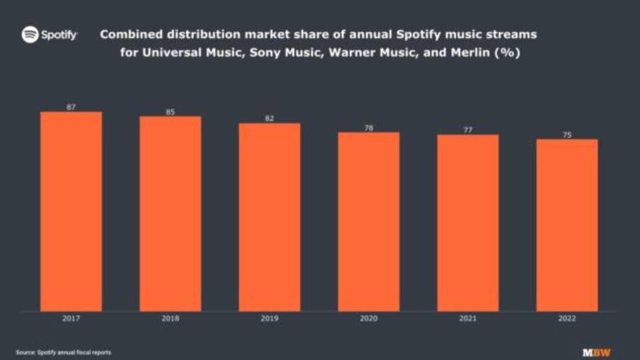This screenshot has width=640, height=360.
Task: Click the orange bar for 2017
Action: coord(71,211)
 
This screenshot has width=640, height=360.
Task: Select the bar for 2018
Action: coord(170,213)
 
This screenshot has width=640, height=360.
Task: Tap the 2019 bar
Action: coord(269,217)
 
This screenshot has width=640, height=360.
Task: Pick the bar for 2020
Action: coord(369,221)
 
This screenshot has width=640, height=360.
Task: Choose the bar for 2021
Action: coord(467,223)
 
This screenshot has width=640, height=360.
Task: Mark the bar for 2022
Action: coord(567,225)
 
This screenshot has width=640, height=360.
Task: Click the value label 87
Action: coord(71,107)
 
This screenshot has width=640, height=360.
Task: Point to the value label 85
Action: coord(170,112)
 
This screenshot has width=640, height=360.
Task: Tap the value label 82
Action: coord(269,119)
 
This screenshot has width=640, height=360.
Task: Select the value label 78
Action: coord(369,127)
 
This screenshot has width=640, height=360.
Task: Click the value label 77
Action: coord(467,130)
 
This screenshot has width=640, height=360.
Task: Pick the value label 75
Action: coord(567,135)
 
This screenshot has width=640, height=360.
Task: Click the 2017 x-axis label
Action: coord(71,319)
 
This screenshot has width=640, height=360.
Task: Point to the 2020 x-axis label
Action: coord(369,319)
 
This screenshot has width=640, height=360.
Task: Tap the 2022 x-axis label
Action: coord(567,319)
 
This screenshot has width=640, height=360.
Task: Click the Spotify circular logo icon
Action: coord(30,35)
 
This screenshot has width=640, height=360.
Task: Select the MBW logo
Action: coord(596,352)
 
